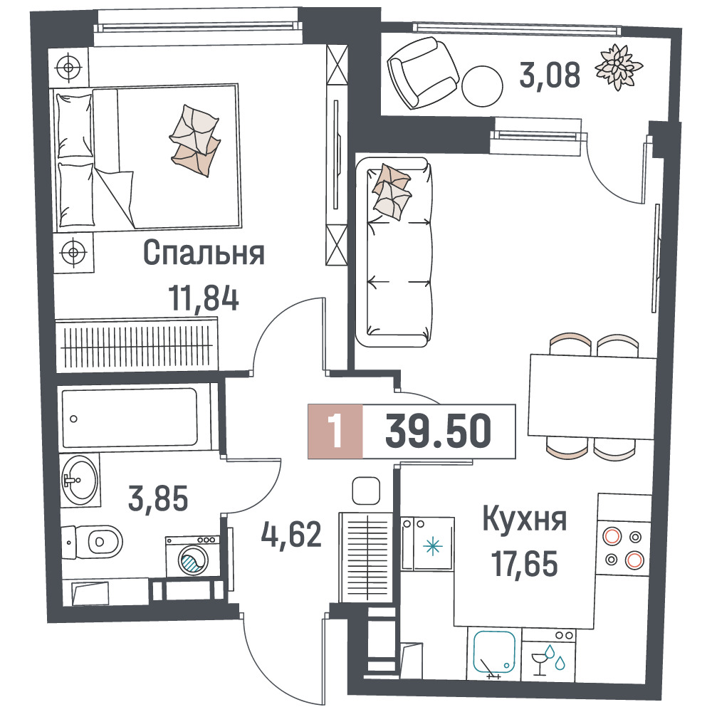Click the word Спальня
[x=204, y=253]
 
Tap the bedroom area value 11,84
[x=204, y=298]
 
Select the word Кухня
[x=525, y=519]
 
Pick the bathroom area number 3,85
[x=158, y=498]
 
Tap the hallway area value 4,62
[x=291, y=535]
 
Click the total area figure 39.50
[x=438, y=431]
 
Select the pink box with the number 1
[x=335, y=431]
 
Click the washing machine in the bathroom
[x=192, y=557]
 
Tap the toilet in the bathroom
[x=93, y=542]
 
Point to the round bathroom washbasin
[x=80, y=480]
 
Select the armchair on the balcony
[x=423, y=73]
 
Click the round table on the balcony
[x=482, y=86]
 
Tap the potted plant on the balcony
[x=619, y=67]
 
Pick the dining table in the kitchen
[x=592, y=397]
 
